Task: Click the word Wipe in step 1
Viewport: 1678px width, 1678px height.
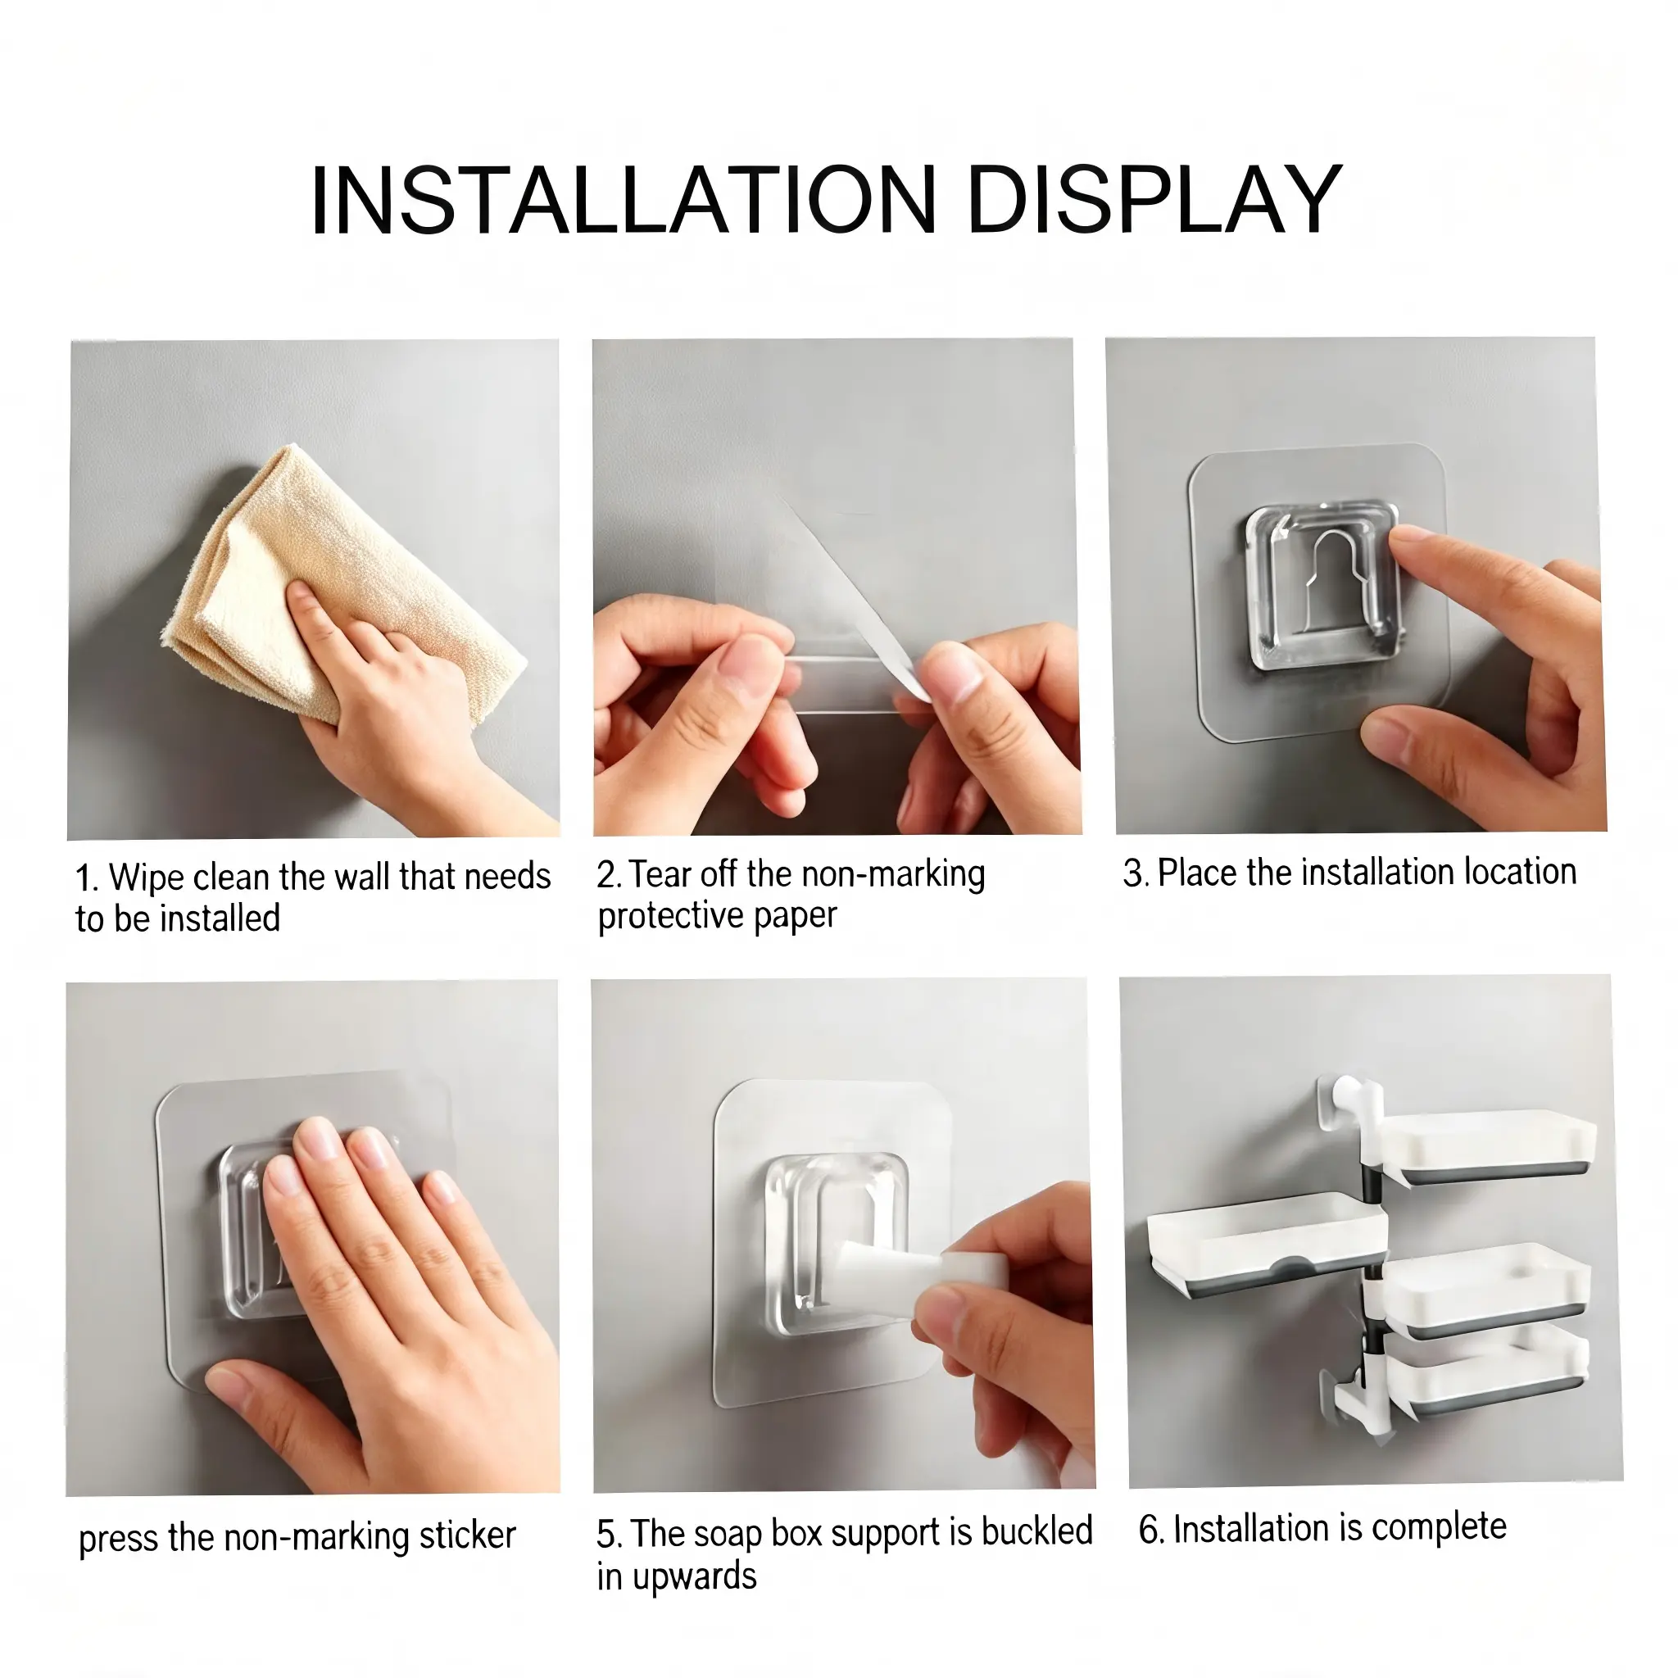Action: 147,878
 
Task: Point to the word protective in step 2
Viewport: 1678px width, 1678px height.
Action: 671,916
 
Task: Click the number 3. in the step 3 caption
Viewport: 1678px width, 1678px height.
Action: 1136,873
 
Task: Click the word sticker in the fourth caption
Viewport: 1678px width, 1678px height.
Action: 468,1535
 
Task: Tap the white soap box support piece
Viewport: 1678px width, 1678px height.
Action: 920,1272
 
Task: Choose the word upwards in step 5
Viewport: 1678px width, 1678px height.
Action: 695,1576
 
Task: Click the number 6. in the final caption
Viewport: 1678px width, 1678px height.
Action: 1151,1530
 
